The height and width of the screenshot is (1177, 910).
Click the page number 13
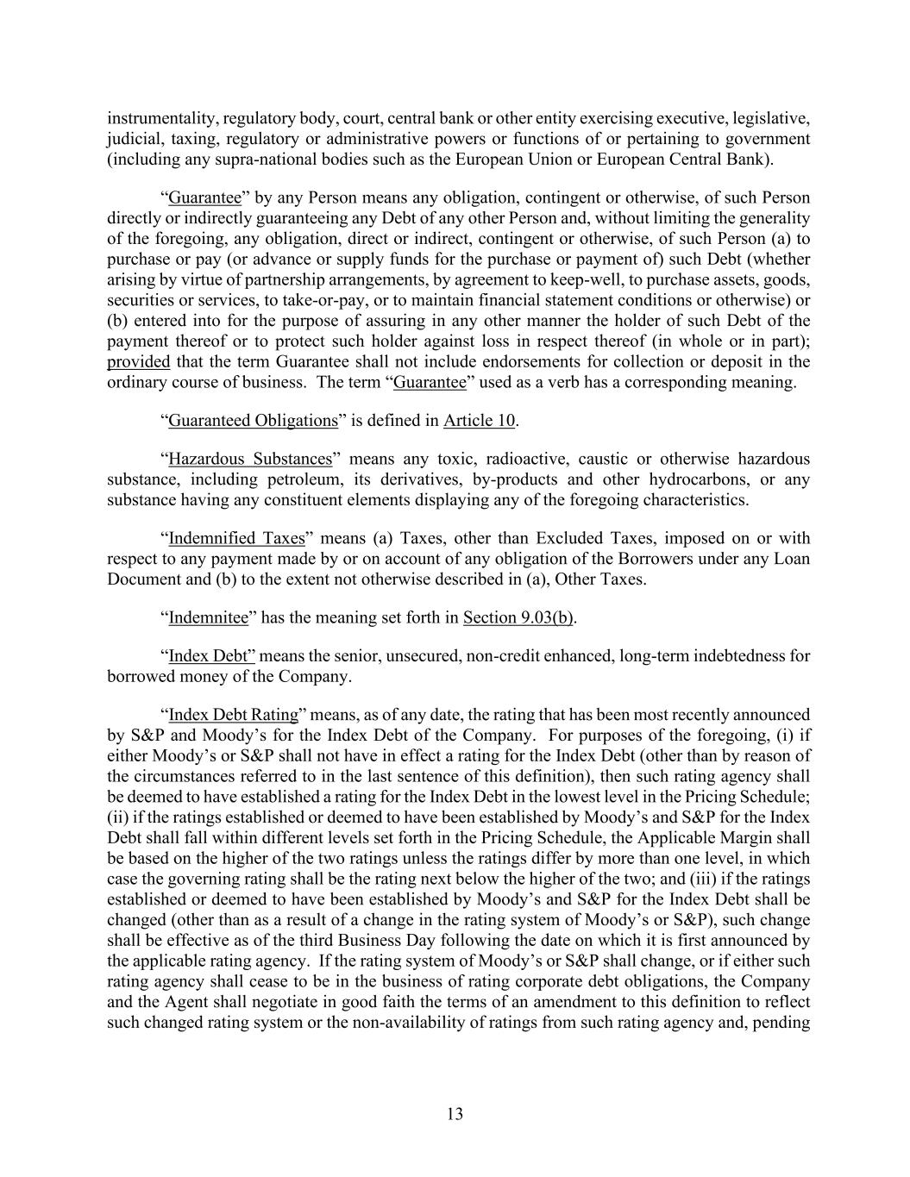click(455, 1114)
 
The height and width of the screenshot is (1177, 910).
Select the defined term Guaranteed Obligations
click(253, 421)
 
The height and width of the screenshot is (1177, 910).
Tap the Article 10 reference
click(479, 421)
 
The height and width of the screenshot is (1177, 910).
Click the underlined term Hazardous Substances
click(250, 459)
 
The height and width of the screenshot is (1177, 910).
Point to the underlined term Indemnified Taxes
click(236, 539)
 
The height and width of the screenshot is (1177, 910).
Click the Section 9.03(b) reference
click(518, 617)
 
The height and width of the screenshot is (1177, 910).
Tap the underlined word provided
click(138, 362)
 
